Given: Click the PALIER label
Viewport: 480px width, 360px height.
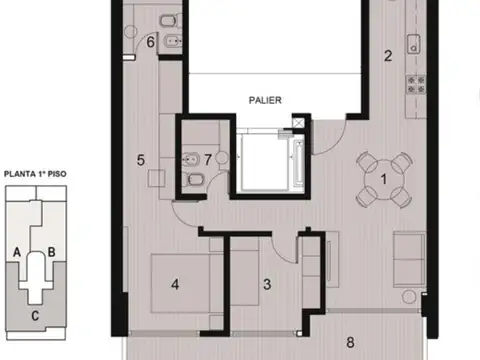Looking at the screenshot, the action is coord(265,100).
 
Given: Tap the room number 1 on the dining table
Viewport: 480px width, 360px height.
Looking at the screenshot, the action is coord(384,179).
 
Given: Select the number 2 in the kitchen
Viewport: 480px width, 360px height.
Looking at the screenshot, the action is coord(388,56).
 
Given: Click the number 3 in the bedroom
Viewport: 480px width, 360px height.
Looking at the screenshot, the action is coord(267,284).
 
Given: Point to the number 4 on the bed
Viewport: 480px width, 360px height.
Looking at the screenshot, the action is coord(175,284).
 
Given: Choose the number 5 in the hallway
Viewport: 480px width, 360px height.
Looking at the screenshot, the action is coord(141,160).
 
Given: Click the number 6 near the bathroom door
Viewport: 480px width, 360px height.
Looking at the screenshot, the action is coord(151,42).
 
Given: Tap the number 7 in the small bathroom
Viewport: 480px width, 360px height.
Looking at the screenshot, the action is coord(208,160).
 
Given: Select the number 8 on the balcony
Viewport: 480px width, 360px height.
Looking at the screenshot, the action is coord(350,342).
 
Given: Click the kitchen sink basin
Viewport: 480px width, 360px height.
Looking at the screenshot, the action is coord(414,44).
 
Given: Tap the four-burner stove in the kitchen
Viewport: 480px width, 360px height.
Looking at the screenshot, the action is coord(416,85).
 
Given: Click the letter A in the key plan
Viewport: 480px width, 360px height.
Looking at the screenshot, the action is coord(17,252).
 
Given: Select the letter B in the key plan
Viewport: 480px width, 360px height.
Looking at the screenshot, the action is coord(51,252).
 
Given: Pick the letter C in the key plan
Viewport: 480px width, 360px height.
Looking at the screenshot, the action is coord(35,315).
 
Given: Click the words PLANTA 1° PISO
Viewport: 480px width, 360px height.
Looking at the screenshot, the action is coord(35,174).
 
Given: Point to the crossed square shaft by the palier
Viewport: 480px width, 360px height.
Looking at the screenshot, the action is coord(298,123).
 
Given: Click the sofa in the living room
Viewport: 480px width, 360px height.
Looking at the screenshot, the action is coord(409,259).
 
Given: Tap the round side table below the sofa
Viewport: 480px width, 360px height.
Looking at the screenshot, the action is coord(409,297).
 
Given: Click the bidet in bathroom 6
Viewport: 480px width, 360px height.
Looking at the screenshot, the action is coord(173,41).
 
